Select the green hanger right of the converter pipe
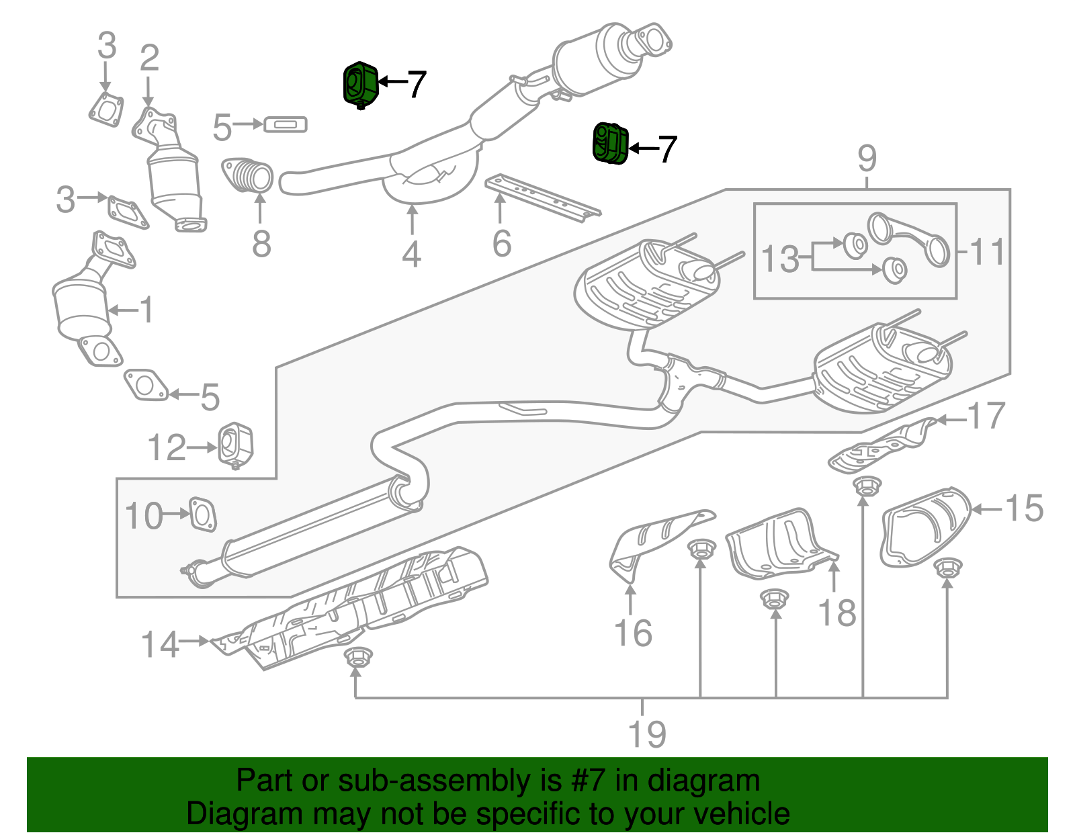click(610, 143)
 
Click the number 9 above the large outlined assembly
click(867, 159)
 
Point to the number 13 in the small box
click(780, 259)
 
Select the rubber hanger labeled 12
click(236, 444)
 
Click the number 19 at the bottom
click(646, 734)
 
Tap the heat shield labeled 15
click(924, 527)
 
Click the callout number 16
click(633, 633)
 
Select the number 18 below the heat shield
click(837, 613)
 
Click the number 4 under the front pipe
click(411, 255)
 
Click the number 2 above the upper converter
click(149, 58)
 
